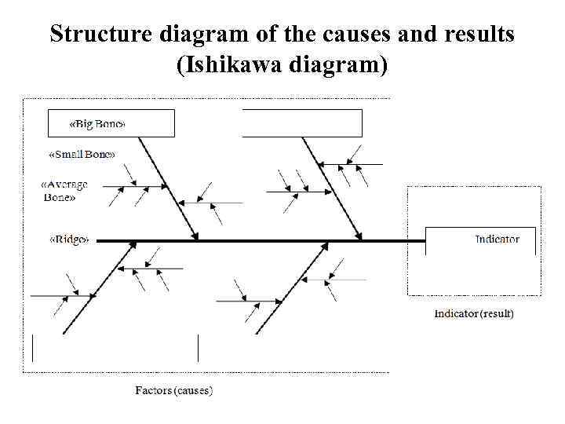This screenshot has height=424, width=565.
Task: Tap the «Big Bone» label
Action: [x=97, y=125]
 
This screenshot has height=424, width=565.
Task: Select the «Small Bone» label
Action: [x=82, y=154]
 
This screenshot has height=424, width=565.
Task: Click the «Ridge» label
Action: [x=70, y=239]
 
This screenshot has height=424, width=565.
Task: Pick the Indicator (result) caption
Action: [x=474, y=313]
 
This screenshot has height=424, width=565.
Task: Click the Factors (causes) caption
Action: [x=173, y=390]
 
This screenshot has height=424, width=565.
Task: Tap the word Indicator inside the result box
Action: [x=497, y=239]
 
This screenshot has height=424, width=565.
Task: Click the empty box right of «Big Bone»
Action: [x=302, y=123]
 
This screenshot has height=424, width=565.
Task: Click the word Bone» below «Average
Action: [x=59, y=198]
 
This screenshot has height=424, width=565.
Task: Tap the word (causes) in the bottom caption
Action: [x=193, y=390]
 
